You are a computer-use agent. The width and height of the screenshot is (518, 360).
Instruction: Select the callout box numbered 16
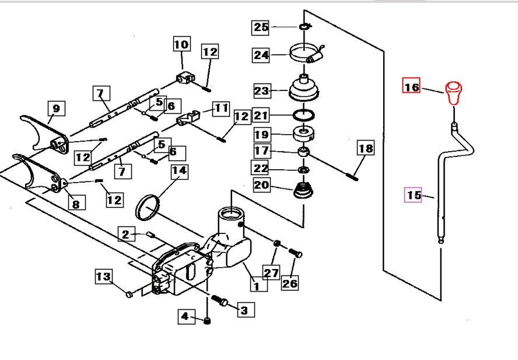[411, 87]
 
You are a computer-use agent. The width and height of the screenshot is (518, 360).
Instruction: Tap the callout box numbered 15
[414, 195]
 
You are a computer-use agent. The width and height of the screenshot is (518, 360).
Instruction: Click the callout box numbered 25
[261, 27]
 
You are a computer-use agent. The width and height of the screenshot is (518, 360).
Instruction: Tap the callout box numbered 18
[365, 149]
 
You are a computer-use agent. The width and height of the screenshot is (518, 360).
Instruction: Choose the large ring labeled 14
[150, 207]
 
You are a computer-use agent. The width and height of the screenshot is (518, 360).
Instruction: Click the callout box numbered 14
[179, 171]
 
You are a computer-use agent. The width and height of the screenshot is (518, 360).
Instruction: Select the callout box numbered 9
[56, 109]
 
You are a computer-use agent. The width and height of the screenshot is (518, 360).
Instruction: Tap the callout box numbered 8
[76, 203]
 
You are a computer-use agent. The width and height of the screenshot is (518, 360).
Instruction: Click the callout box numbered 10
[181, 44]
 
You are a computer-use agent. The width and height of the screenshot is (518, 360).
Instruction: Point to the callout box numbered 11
[220, 108]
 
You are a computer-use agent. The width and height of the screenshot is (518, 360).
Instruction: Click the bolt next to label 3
[220, 301]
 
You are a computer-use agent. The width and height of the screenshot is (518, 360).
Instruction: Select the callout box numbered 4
[185, 316]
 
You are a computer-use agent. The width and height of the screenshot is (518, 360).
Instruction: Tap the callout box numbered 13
[103, 276]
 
